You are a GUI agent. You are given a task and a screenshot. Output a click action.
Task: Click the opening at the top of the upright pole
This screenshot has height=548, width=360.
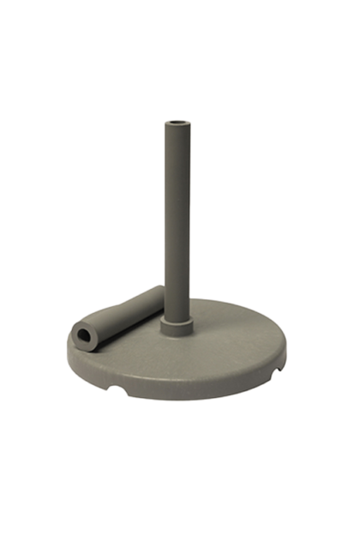[177, 124]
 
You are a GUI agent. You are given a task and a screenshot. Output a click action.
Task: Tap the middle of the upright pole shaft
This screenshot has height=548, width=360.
[177, 223]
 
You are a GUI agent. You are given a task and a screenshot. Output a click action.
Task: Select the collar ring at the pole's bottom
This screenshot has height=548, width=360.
[176, 325]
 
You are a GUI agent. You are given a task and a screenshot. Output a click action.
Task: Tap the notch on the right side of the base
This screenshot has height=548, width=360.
[277, 371]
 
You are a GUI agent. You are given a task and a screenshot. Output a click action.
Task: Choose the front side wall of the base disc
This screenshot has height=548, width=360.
[189, 394]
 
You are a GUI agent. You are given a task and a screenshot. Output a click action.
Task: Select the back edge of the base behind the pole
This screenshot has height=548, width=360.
[214, 301]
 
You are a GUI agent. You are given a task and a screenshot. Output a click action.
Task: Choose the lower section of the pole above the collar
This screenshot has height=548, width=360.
[177, 296]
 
